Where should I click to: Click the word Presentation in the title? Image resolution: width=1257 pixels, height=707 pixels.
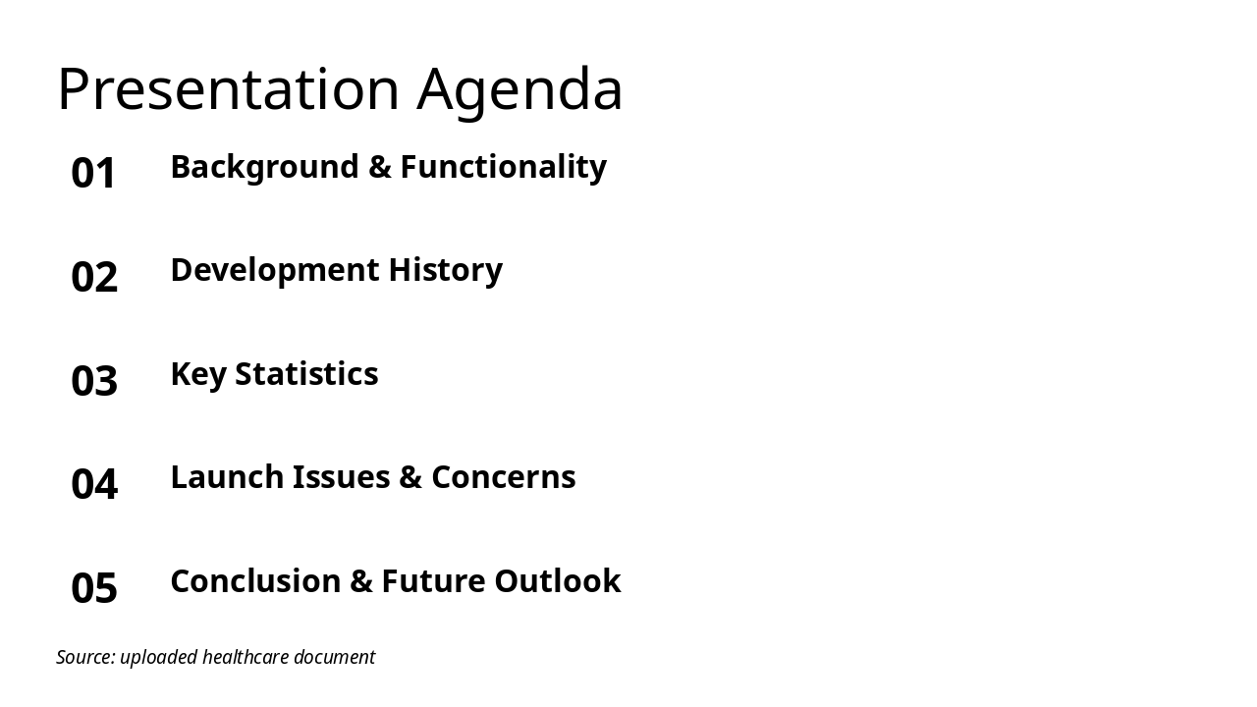point(228,89)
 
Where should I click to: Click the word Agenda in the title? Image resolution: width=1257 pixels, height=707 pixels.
point(519,89)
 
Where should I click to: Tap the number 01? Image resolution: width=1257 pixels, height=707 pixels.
point(94,173)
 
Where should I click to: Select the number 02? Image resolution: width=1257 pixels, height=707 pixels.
point(94,277)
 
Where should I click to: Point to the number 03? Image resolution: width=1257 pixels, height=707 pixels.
point(94,381)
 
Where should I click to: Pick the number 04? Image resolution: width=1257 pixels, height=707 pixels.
point(94,484)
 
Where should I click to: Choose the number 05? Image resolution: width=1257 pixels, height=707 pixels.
point(94,588)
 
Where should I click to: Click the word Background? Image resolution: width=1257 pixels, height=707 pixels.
point(264,167)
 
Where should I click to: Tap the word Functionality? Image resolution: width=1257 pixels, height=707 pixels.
point(503,167)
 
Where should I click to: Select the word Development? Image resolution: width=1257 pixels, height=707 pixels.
point(274,270)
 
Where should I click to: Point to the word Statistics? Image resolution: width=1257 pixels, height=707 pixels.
point(306,374)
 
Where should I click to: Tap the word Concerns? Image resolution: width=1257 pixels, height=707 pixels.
point(503,477)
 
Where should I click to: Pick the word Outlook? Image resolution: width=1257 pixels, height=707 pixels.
point(557,581)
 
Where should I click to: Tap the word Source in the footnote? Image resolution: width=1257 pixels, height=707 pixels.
point(84,657)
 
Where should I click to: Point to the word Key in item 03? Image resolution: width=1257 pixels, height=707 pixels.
point(197,374)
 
